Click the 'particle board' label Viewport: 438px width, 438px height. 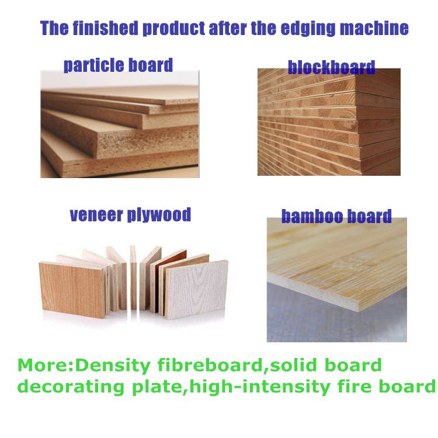pyautogui.click(x=118, y=65)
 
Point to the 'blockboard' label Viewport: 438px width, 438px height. pyautogui.click(x=331, y=67)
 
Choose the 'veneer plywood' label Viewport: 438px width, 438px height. pyautogui.click(x=130, y=214)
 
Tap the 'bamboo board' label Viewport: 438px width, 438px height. pyautogui.click(x=336, y=216)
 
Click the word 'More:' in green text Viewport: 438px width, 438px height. pyautogui.click(x=45, y=365)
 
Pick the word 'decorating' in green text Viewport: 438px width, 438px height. pyautogui.click(x=71, y=387)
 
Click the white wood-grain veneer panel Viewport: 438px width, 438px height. pyautogui.click(x=196, y=290)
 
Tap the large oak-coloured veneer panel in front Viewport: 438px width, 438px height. pyautogui.click(x=72, y=290)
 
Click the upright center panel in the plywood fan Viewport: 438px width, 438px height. pyautogui.click(x=133, y=277)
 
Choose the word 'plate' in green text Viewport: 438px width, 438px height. pyautogui.click(x=157, y=387)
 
